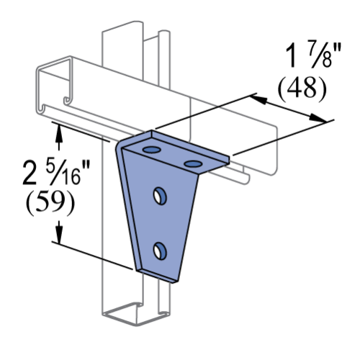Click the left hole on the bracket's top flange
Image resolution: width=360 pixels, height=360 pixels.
(152, 149)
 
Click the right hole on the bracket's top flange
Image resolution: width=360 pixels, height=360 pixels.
(192, 164)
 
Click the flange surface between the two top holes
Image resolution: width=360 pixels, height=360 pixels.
(172, 156)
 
